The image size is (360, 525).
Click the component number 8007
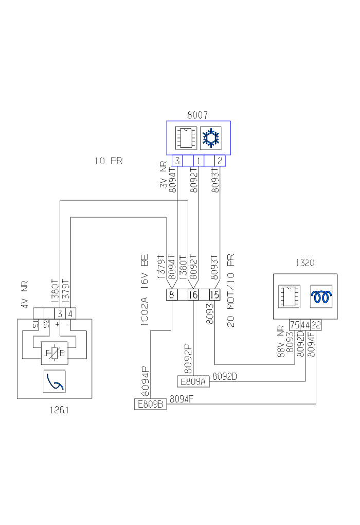click(197, 115)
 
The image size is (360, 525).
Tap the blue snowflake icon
click(210, 138)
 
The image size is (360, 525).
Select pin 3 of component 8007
click(177, 161)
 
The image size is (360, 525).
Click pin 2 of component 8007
click(220, 161)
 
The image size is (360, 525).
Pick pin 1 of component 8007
click(199, 161)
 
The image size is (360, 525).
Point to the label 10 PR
click(109, 161)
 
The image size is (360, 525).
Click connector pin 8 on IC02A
click(171, 295)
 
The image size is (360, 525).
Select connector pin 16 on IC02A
click(193, 295)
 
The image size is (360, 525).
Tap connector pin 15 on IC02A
click(214, 295)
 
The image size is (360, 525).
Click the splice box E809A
click(193, 381)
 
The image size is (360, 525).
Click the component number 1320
click(304, 263)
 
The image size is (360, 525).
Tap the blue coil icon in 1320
click(321, 296)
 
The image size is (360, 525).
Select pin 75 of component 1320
click(295, 325)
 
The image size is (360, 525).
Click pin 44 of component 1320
click(305, 325)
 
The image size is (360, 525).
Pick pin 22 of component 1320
click(316, 325)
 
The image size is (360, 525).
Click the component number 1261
click(59, 410)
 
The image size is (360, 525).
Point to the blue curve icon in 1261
click(55, 381)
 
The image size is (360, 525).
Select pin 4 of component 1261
click(70, 313)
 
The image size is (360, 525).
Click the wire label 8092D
click(225, 377)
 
